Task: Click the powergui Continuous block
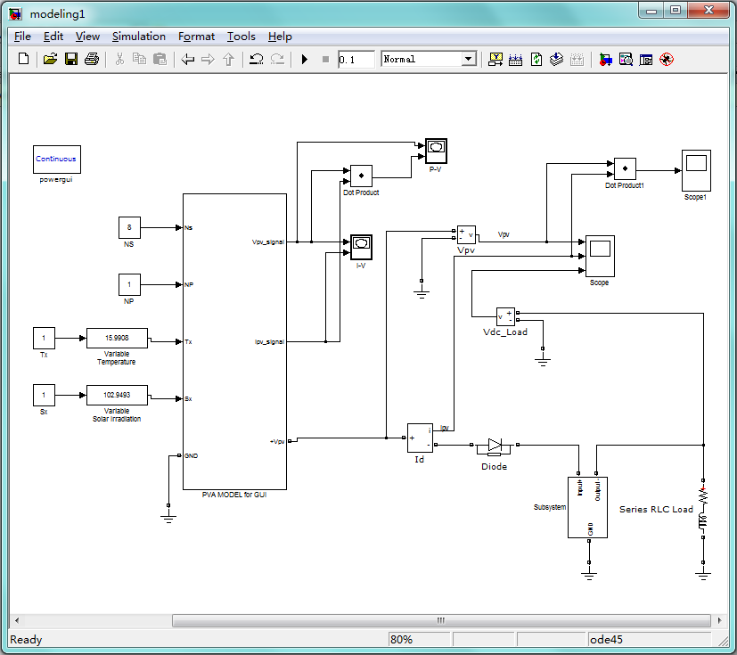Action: pyautogui.click(x=57, y=160)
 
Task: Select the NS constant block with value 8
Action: pyautogui.click(x=129, y=227)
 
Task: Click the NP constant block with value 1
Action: pyautogui.click(x=129, y=285)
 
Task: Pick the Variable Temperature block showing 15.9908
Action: pyautogui.click(x=117, y=339)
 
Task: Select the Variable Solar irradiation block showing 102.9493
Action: pyautogui.click(x=117, y=395)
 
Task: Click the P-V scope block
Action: pyautogui.click(x=435, y=149)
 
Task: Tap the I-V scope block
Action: pyautogui.click(x=361, y=244)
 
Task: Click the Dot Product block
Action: pyautogui.click(x=361, y=174)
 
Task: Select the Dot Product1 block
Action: pyautogui.click(x=625, y=168)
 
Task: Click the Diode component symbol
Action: pyautogui.click(x=495, y=446)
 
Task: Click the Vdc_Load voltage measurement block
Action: pyautogui.click(x=505, y=317)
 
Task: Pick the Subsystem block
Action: pyautogui.click(x=588, y=507)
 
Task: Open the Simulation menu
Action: pyautogui.click(x=138, y=37)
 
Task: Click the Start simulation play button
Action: pyautogui.click(x=304, y=60)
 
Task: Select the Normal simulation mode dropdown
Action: pyautogui.click(x=429, y=60)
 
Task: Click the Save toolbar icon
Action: pyautogui.click(x=71, y=60)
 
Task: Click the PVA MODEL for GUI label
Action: pyautogui.click(x=234, y=495)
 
